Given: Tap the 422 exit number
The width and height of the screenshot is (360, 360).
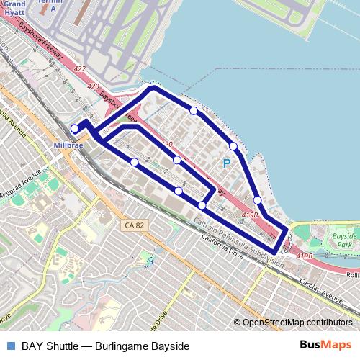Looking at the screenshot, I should click(x=81, y=69).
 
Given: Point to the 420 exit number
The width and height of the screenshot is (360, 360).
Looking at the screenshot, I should click(x=93, y=86).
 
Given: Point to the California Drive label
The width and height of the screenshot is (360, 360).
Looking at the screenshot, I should click(x=228, y=248).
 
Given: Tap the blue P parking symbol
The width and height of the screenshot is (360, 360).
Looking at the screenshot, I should click(x=227, y=165).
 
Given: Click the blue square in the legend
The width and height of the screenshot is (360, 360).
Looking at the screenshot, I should click(x=10, y=346).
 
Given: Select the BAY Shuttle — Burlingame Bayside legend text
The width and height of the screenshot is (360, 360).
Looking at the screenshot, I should click(x=105, y=346).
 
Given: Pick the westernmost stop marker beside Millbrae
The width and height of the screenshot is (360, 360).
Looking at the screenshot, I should click(x=75, y=129).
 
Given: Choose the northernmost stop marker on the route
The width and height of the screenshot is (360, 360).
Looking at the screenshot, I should click(x=194, y=110).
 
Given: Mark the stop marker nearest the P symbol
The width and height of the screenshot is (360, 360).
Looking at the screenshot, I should click(x=233, y=146).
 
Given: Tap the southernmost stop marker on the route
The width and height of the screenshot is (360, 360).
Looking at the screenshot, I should click(x=202, y=206).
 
